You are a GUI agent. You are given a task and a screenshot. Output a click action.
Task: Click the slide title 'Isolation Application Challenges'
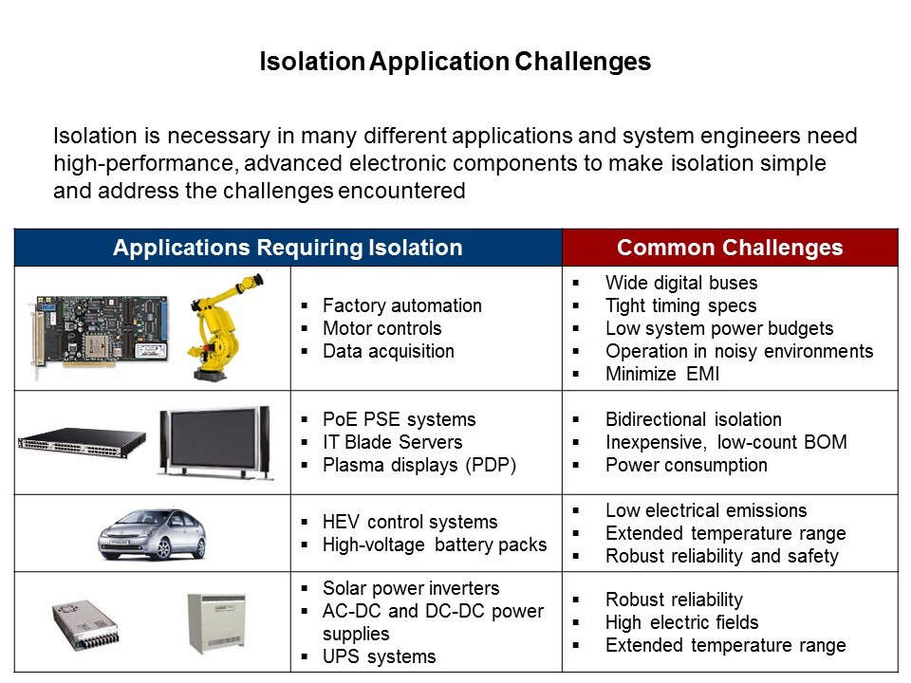(x=455, y=62)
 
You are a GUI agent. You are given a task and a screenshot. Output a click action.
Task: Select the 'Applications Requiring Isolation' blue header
(x=288, y=248)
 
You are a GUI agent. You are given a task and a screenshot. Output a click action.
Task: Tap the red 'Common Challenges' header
(x=730, y=248)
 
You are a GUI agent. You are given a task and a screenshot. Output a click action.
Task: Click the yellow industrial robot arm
(x=224, y=328)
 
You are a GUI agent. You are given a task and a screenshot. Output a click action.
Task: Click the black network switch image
(x=81, y=443)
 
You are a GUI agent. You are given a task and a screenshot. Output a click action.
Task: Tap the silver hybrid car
(x=152, y=534)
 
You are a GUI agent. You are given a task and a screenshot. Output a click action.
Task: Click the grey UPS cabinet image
(x=216, y=623)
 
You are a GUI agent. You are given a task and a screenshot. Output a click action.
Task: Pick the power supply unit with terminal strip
(x=85, y=625)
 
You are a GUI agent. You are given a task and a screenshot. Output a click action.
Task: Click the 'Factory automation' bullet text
(x=402, y=305)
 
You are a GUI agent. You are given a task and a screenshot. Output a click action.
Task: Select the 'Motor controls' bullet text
(x=382, y=328)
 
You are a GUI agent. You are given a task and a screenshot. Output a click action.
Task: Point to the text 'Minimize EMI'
(x=662, y=374)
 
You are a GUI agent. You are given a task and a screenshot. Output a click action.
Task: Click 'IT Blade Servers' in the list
(x=393, y=442)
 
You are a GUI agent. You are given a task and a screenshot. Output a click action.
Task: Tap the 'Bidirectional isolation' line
(x=694, y=419)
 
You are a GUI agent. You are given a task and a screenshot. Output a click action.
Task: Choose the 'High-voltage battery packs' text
(x=435, y=545)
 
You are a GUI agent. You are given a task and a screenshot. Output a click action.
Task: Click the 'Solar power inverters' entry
(x=411, y=588)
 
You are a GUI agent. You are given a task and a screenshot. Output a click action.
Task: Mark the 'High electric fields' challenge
(x=682, y=622)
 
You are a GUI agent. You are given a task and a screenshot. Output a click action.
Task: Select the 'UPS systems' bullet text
(x=379, y=656)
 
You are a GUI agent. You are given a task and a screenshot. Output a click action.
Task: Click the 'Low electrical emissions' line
(x=706, y=510)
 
